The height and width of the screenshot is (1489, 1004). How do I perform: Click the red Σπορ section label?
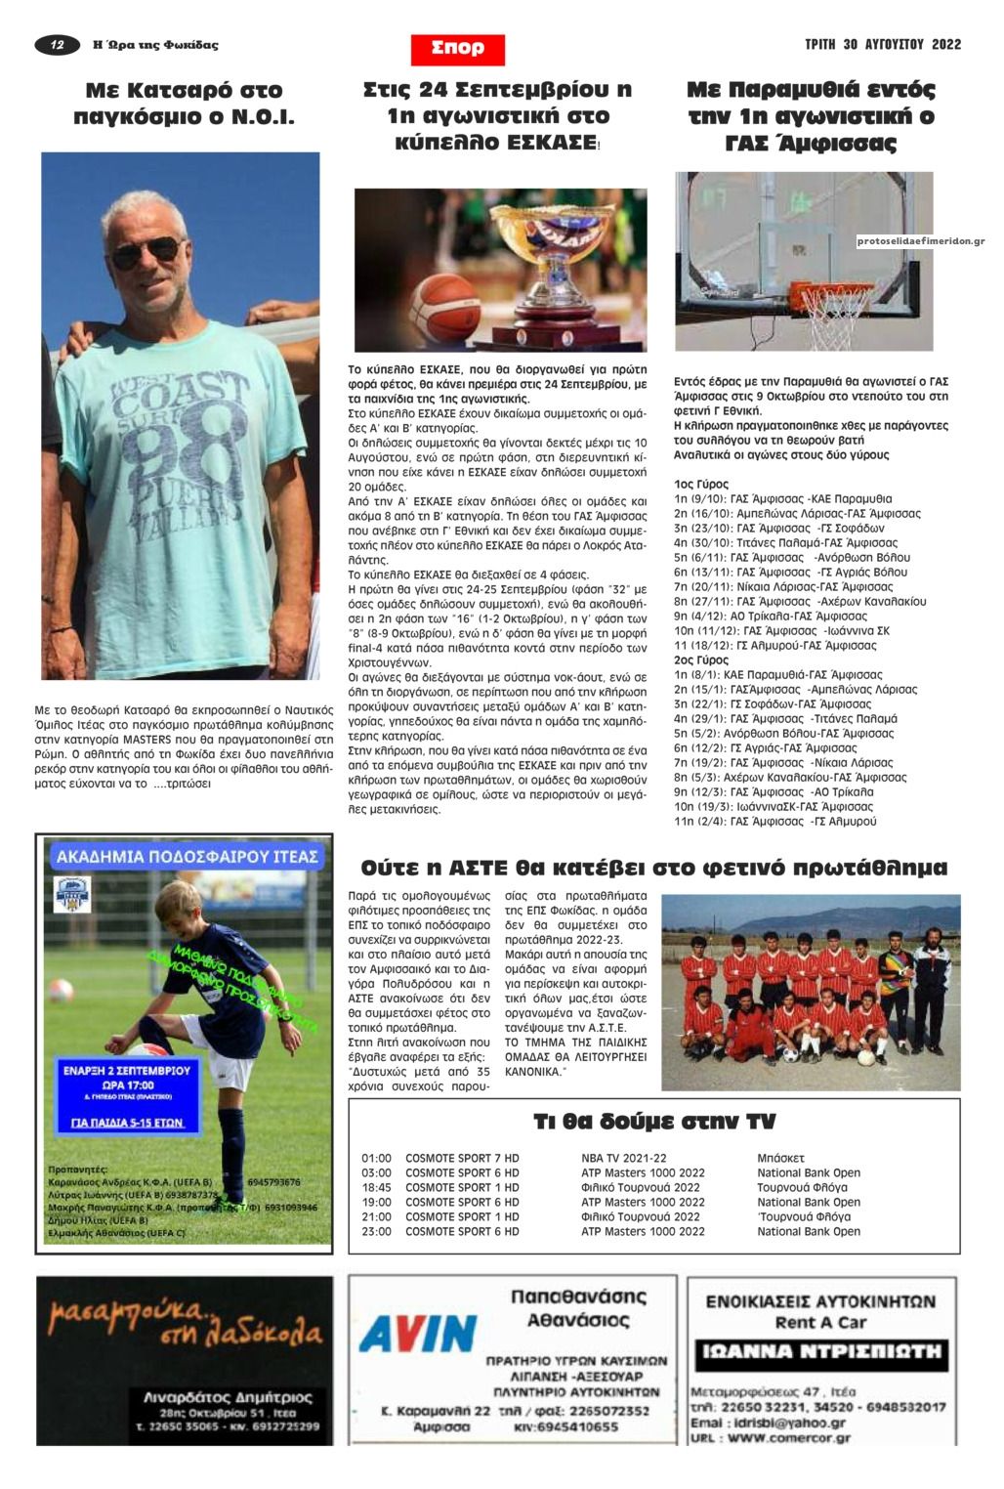coord(457,48)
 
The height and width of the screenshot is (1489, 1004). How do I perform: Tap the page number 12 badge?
coord(58,45)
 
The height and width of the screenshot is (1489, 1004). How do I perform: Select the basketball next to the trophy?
coord(444,306)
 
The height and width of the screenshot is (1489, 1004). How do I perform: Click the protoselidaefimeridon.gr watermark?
coord(921,240)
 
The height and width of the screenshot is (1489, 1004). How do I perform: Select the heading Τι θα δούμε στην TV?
coord(654,1122)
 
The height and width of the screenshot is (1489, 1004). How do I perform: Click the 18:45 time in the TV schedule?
coord(376,1188)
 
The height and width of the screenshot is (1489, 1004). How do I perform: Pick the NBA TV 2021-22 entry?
coord(623,1159)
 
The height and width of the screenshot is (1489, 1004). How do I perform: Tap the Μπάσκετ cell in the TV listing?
coord(780,1159)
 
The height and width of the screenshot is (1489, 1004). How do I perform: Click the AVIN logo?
coord(417,1334)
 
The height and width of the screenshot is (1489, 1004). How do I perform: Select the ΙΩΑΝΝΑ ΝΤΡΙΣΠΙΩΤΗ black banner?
coord(820,1353)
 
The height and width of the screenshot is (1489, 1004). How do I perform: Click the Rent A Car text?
coord(820,1323)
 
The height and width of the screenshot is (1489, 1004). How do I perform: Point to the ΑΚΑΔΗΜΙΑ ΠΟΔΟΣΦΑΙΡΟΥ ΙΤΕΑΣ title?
coord(188,857)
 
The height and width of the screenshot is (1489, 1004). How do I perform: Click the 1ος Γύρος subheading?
coord(701,485)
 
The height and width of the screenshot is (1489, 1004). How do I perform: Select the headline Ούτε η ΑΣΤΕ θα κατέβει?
coord(653,868)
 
